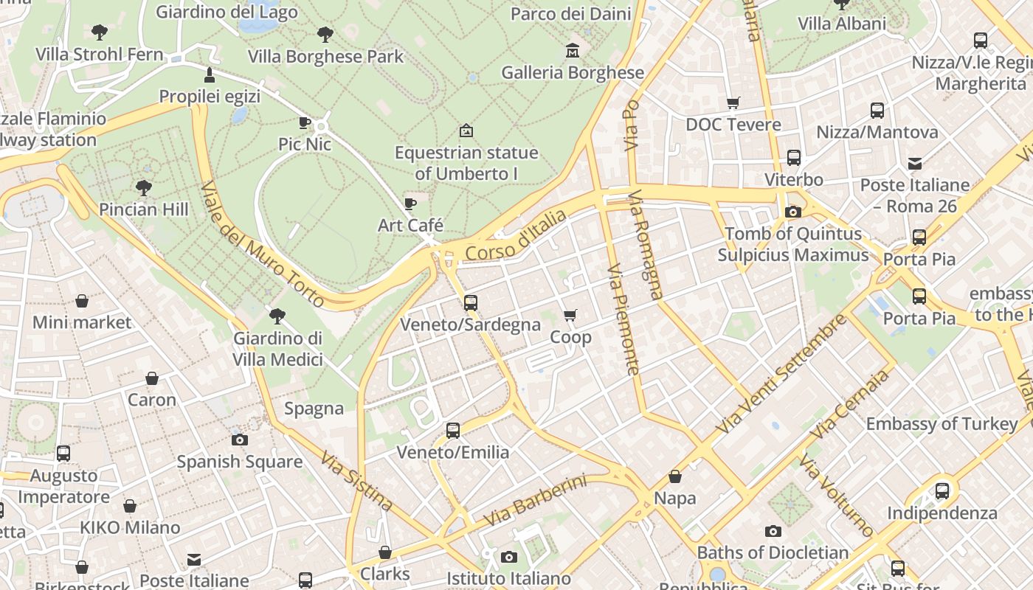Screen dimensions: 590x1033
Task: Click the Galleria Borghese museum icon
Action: coord(572,51)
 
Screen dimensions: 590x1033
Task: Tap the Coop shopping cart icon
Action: coord(570,316)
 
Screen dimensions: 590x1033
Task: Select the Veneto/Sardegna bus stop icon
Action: coord(470,302)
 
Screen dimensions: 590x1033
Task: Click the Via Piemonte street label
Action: coord(622,320)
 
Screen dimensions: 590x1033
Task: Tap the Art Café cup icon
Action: coord(410,204)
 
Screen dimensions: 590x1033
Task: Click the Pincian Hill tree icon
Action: coord(144,188)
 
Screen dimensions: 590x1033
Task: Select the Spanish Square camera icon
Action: coord(239,440)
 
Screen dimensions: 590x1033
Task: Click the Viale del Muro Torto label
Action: coord(261,244)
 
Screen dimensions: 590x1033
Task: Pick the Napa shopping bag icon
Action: coord(674,476)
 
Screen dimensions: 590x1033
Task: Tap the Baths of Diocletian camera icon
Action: coord(773,531)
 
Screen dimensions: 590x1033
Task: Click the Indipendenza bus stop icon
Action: coord(942,491)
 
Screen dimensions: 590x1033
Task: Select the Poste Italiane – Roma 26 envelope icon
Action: coord(914,163)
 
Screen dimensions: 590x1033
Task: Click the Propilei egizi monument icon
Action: coord(210,75)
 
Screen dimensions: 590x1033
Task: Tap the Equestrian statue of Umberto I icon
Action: coord(466,131)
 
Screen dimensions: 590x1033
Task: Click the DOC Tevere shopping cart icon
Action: coord(733,103)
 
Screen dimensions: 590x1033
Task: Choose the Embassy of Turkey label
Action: coord(942,424)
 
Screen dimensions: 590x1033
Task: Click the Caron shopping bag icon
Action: coord(152,378)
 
